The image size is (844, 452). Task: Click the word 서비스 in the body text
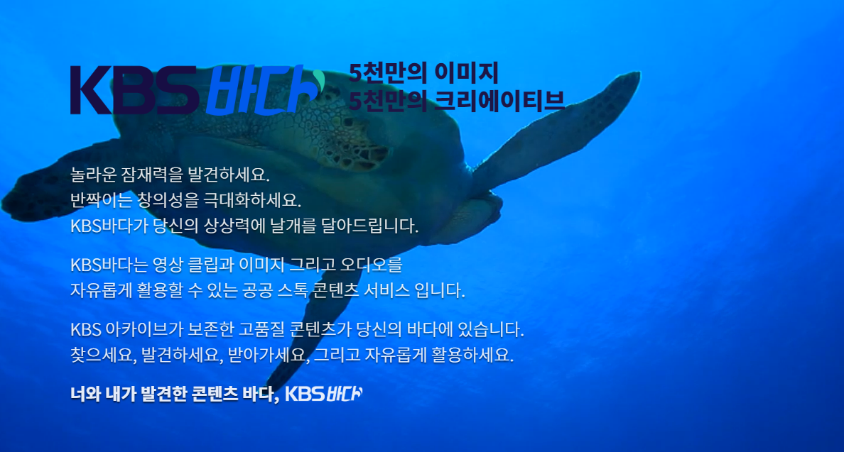[390, 291]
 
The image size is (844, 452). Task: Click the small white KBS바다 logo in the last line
[323, 394]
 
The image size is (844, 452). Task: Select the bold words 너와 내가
[102, 394]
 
